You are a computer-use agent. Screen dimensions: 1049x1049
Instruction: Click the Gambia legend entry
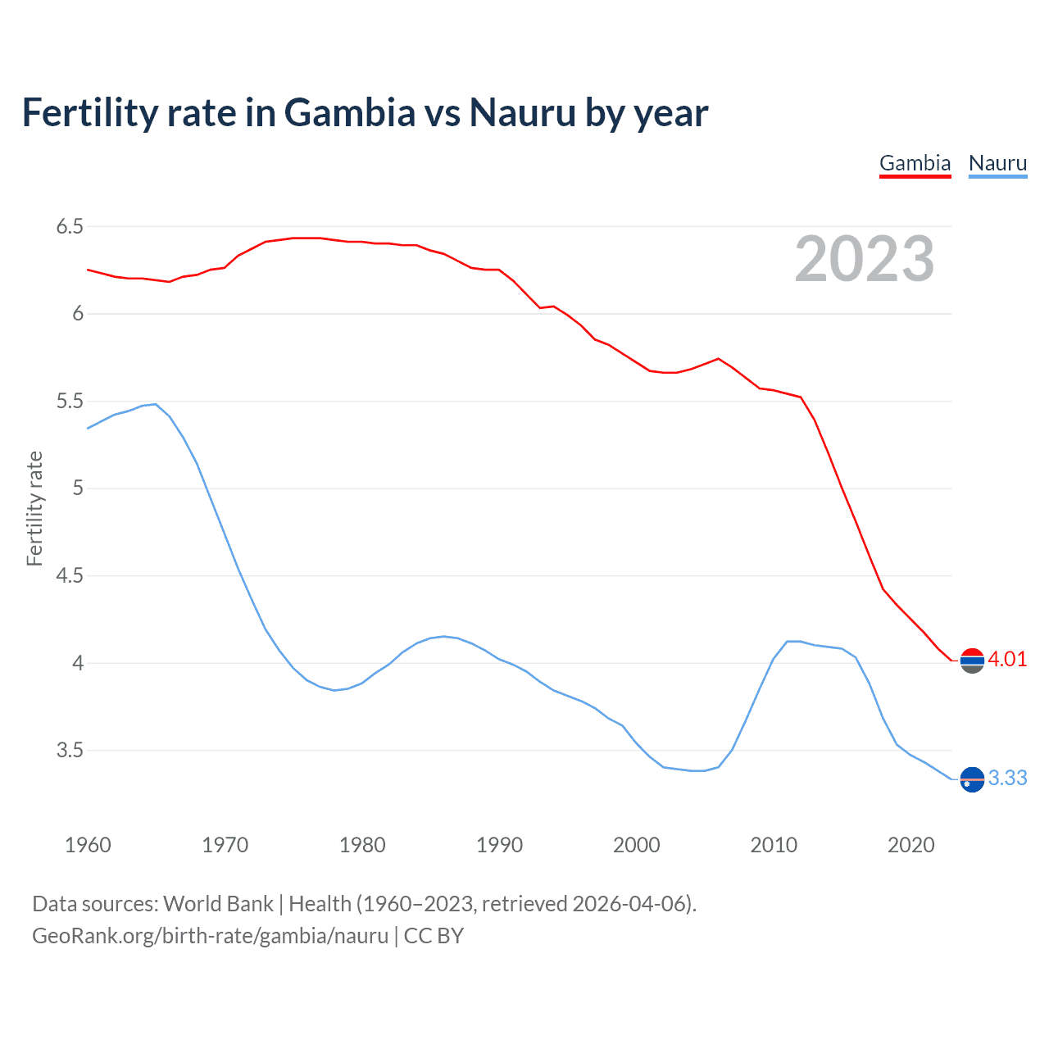915,163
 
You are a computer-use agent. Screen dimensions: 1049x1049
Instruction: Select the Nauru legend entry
997,163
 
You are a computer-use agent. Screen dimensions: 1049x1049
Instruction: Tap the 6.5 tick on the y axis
70,226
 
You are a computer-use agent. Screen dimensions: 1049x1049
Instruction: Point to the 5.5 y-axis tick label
70,402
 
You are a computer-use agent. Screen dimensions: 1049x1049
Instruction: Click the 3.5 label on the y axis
70,751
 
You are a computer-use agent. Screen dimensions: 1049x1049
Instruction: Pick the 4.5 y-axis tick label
70,576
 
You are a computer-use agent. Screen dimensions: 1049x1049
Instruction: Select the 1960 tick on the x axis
88,845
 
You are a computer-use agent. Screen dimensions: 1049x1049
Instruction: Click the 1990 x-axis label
499,845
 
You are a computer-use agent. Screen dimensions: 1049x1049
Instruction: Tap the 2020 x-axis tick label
910,845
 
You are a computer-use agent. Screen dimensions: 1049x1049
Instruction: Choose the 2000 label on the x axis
636,845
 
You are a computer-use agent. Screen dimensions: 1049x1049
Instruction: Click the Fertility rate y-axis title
34,508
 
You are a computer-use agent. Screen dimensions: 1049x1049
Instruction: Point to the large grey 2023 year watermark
864,259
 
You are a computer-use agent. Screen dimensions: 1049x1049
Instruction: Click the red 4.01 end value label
1007,660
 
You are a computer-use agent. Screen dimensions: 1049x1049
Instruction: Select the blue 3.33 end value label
1007,779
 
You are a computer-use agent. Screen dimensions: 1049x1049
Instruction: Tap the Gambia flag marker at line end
972,660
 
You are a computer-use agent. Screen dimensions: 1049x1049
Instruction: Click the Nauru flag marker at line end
972,779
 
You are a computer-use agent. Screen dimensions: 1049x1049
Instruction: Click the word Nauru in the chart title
522,113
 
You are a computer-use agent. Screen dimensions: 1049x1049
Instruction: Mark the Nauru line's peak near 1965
155,404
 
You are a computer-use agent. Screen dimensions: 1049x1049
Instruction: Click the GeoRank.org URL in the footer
210,936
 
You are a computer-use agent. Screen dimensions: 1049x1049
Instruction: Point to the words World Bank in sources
218,904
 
